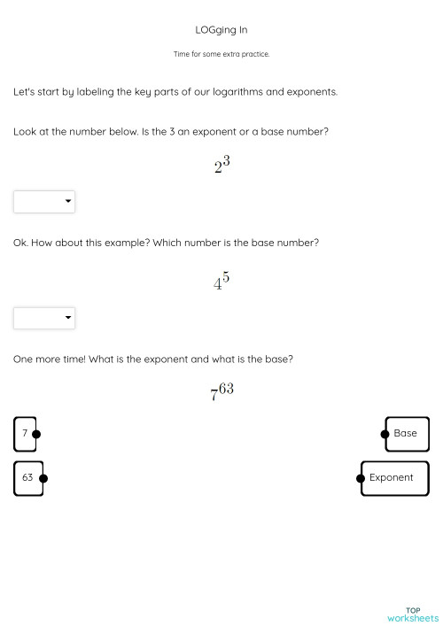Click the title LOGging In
coord(221,29)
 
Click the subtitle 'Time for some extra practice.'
coord(221,54)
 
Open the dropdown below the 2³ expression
coord(44,202)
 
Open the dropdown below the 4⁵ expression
coord(44,318)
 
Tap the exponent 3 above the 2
coord(227,160)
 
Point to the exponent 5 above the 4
coord(226,277)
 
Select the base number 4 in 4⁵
coord(217,285)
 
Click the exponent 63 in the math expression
coord(226,388)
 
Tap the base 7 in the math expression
coord(214,396)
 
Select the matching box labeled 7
coord(25,434)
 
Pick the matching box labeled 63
coord(27,478)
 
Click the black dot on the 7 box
coord(36,434)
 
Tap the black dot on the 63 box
coord(43,478)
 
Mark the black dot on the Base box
coord(385,434)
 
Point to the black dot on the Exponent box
coord(361,478)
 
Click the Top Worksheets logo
coord(412,614)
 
